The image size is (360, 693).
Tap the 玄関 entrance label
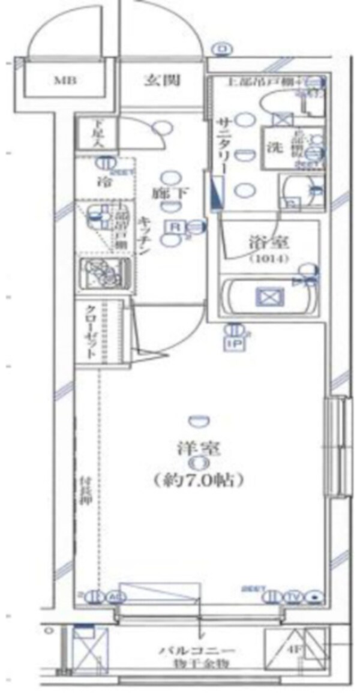(x=162, y=80)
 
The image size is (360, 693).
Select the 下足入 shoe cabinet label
(x=96, y=133)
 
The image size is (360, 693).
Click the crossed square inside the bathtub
(x=268, y=296)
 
